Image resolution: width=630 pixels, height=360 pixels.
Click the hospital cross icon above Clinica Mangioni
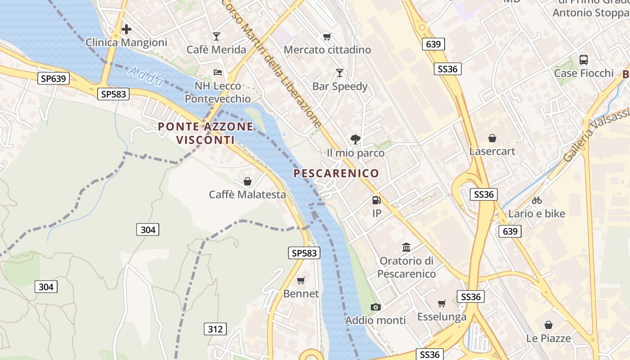(x=126, y=30)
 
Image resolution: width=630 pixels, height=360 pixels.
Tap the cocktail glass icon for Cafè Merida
(x=216, y=36)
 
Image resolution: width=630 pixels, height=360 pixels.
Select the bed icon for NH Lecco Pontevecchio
(x=218, y=72)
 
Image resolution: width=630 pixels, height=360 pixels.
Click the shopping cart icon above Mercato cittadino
(x=327, y=36)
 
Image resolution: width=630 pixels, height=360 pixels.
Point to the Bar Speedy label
(x=340, y=86)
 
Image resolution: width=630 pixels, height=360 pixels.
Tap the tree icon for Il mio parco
(x=355, y=139)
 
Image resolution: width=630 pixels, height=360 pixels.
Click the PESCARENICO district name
(x=336, y=173)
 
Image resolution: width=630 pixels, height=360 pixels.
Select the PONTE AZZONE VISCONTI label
(x=206, y=133)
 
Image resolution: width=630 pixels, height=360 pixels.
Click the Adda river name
(x=146, y=77)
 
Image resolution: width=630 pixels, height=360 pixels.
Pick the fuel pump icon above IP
(x=376, y=200)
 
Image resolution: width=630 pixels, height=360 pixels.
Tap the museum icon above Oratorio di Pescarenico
(x=407, y=247)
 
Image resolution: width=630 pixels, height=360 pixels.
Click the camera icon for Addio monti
(x=375, y=307)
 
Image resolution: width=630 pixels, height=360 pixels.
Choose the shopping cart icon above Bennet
(x=301, y=281)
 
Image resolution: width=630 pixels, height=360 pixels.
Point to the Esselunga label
(x=441, y=317)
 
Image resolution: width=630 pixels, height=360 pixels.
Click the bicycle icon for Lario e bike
(x=536, y=201)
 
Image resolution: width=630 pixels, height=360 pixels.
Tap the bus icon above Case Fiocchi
(x=584, y=59)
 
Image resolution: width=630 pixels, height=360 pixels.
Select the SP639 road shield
(x=54, y=79)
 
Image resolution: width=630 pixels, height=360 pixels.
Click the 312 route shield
(x=215, y=329)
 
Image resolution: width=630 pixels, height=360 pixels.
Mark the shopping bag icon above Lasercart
(x=492, y=138)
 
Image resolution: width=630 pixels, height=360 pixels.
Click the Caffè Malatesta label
(x=247, y=194)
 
